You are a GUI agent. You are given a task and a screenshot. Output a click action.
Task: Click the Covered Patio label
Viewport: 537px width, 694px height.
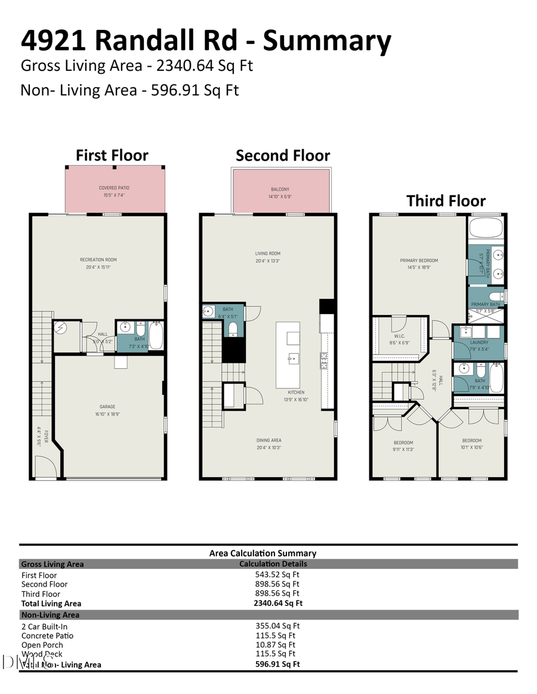click(114, 188)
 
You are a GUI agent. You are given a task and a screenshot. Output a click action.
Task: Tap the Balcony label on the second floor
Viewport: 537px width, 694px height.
click(280, 189)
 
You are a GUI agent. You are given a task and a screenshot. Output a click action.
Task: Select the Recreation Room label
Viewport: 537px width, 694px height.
click(98, 260)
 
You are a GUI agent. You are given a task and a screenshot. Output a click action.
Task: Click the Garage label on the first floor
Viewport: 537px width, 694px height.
click(107, 406)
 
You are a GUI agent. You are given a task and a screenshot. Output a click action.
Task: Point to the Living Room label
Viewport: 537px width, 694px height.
click(267, 254)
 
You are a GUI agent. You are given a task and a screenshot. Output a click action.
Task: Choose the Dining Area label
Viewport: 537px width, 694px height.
click(268, 440)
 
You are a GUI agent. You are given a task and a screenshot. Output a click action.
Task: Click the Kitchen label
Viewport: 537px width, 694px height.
click(296, 392)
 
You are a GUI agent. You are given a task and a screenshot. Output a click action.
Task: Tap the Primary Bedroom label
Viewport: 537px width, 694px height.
click(419, 260)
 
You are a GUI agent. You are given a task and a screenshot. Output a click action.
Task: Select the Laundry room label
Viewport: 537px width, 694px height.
click(479, 343)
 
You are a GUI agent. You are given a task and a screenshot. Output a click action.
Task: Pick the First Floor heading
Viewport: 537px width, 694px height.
click(112, 155)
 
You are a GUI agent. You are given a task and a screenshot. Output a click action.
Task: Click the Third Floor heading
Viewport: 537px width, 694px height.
click(446, 201)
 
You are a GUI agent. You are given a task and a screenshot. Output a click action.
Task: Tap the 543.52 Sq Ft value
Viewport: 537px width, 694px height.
click(277, 575)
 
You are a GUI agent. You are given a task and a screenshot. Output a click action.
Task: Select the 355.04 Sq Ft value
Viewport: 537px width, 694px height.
click(277, 626)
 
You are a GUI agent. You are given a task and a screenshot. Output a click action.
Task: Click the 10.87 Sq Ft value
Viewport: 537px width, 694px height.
click(275, 645)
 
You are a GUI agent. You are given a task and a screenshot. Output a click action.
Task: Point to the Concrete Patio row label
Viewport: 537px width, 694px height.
click(47, 636)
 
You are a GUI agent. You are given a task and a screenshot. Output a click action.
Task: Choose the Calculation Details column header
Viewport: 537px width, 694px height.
click(273, 564)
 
